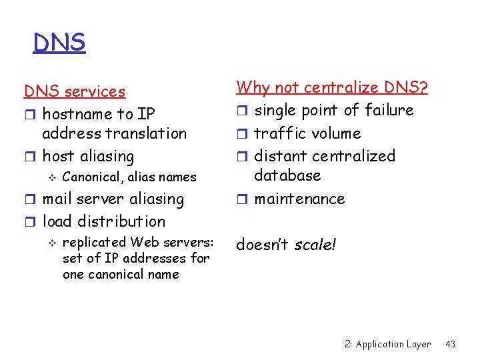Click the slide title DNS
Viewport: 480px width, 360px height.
pos(59,43)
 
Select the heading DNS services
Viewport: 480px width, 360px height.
pos(75,91)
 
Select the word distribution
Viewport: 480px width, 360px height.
pos(121,221)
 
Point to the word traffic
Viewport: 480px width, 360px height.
pos(280,133)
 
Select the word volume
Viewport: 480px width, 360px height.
pos(336,133)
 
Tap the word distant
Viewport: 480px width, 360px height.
pos(281,156)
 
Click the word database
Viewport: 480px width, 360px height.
pos(287,175)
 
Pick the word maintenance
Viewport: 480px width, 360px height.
pos(299,199)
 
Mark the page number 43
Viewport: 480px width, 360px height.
pos(450,344)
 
